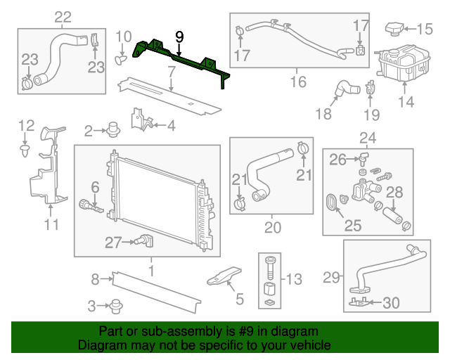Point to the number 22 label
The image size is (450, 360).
point(63,16)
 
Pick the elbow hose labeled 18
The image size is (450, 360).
point(345,89)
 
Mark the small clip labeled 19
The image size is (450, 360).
point(371,89)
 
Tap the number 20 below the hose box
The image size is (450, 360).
point(272,227)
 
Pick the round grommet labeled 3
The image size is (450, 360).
point(116,306)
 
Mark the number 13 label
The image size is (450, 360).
point(294,279)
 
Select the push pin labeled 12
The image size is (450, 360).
point(25,150)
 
